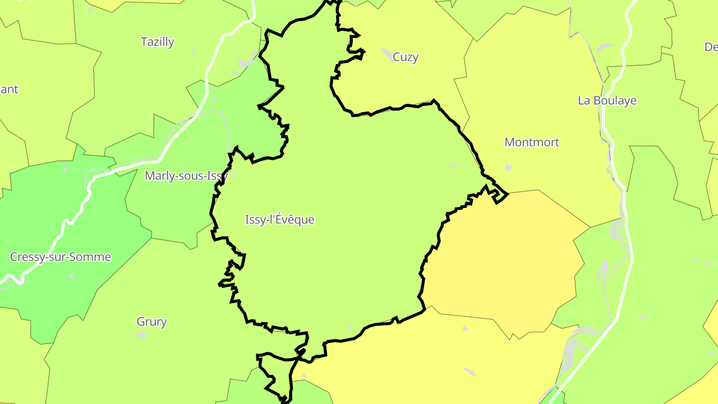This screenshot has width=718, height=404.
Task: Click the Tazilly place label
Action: tap(158, 42)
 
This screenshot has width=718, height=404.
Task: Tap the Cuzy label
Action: tap(405, 57)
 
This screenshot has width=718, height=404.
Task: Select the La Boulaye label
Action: tap(607, 100)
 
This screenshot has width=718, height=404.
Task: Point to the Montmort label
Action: tap(532, 142)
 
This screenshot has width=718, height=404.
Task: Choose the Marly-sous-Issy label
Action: tap(186, 176)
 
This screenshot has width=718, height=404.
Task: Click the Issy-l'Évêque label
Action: tap(280, 219)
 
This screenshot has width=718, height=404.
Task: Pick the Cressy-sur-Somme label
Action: tap(60, 257)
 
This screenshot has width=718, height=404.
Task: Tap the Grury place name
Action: tap(152, 322)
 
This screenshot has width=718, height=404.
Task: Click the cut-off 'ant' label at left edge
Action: tap(9, 90)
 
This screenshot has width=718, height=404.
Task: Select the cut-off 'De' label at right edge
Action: tap(711, 47)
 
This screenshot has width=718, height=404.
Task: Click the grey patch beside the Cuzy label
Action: tap(387, 52)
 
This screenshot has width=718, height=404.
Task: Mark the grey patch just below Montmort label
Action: tap(508, 167)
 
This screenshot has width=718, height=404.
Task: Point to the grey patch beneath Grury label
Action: tap(142, 335)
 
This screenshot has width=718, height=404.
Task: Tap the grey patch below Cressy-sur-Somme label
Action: tap(71, 276)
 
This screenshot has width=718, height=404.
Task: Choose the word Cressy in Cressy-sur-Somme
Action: tap(26, 257)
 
